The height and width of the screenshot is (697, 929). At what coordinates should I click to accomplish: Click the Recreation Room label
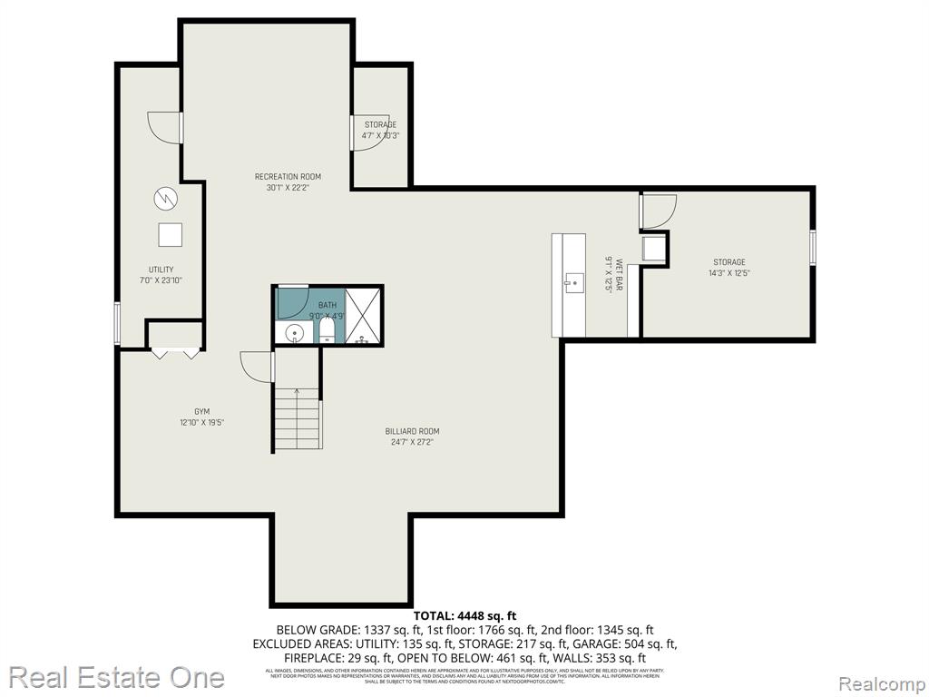point(288,176)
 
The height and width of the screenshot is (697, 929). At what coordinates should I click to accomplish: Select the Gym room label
point(201,411)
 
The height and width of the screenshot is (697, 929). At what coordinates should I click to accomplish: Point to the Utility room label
point(161,270)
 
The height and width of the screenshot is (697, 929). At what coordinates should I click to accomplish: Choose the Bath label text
point(327,306)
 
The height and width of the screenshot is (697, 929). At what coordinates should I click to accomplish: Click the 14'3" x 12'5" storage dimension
point(729,273)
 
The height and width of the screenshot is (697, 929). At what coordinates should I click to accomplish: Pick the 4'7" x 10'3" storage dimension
point(381,135)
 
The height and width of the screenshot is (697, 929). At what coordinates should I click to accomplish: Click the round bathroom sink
point(294,334)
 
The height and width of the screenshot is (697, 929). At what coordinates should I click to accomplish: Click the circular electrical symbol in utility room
point(166,197)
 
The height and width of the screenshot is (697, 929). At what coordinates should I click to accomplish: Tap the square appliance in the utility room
point(170,234)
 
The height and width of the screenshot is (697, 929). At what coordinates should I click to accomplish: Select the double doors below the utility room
point(175,353)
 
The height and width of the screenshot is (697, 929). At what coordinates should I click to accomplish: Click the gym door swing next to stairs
point(257,367)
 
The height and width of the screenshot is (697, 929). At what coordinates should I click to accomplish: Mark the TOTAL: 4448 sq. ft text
point(464,614)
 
